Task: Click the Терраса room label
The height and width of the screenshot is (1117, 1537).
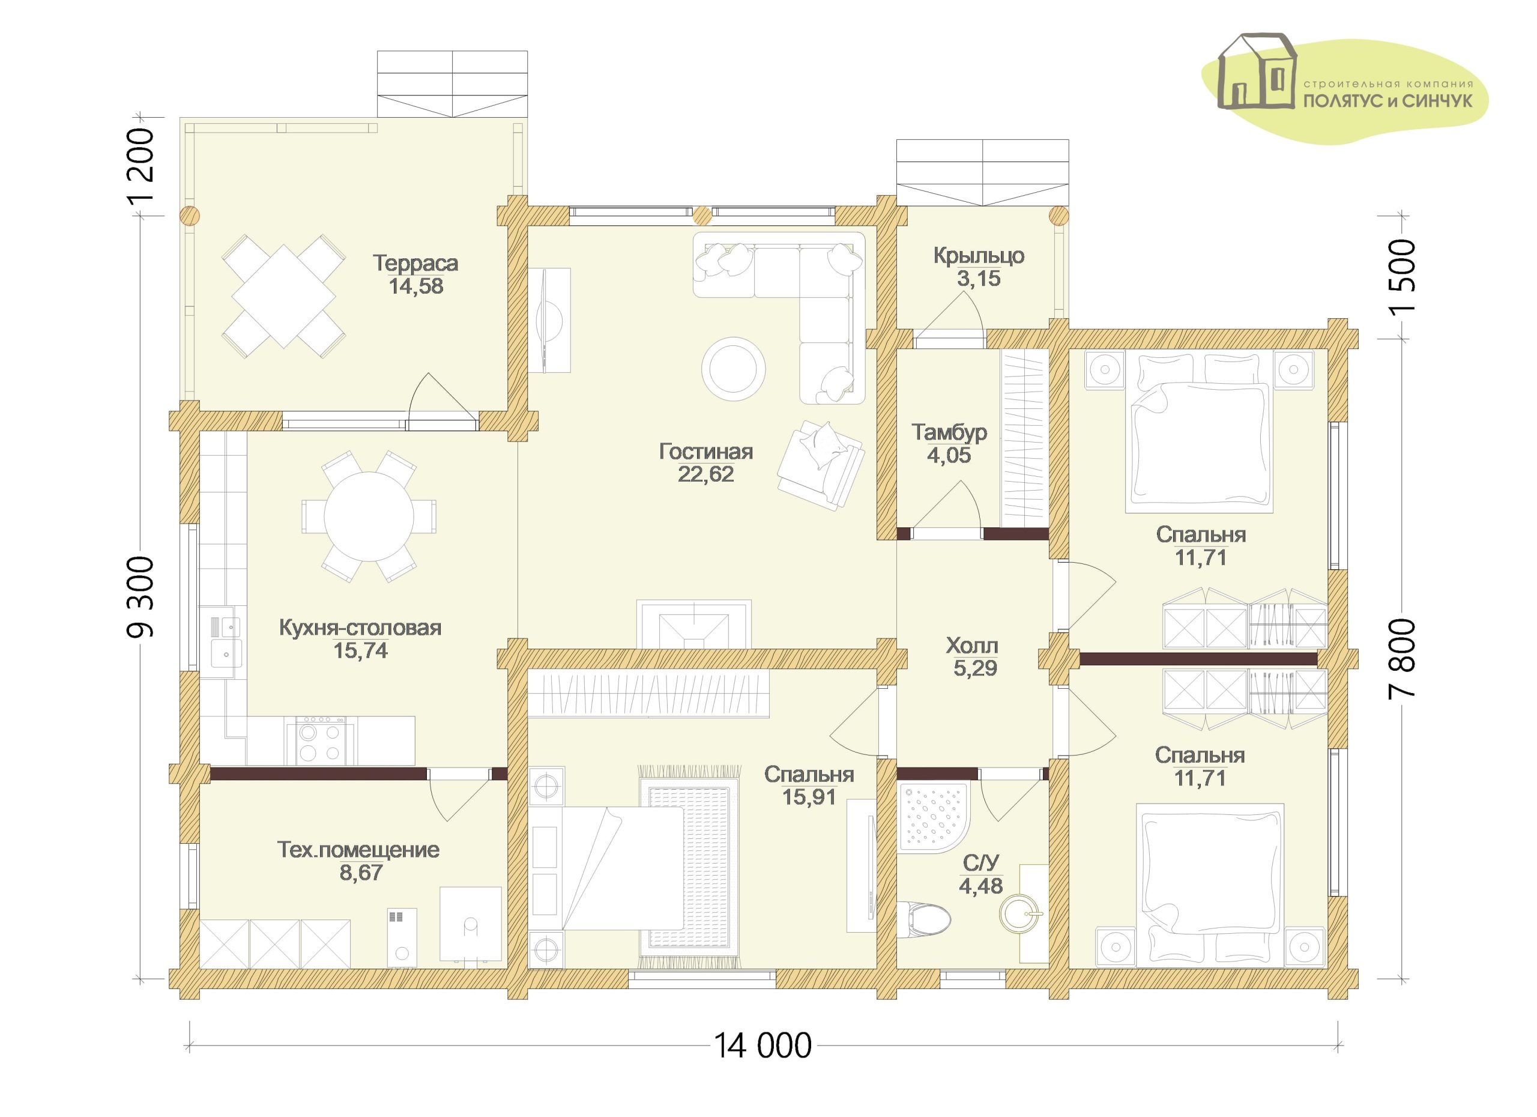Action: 415,263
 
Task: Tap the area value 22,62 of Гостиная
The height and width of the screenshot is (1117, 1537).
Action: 705,474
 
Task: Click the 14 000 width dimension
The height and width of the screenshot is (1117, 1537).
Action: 762,1046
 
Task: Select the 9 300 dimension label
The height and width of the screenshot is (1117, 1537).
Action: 140,597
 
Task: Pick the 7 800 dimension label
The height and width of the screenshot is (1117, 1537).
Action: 1400,658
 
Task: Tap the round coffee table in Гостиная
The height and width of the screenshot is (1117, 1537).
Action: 733,369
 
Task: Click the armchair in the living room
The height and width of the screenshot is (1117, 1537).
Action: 821,464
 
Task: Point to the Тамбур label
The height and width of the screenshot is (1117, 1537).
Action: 949,432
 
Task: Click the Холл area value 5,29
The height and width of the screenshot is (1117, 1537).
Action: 975,668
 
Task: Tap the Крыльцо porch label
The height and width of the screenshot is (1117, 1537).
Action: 979,256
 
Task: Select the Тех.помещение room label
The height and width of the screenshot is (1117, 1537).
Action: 358,850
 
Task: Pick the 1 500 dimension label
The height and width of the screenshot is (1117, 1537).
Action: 1400,276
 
